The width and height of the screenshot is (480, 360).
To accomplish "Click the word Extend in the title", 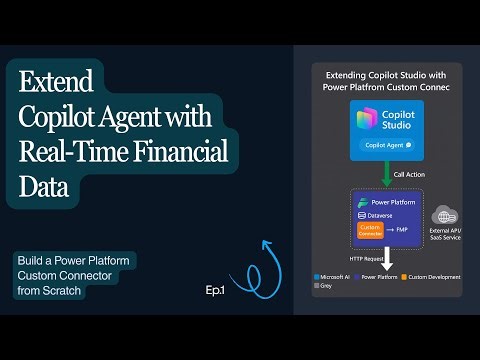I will (x=57, y=80).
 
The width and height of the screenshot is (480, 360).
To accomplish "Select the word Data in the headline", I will (x=40, y=186).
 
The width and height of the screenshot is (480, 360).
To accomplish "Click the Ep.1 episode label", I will (x=217, y=290).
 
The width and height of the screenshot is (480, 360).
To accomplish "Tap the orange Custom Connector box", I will (x=370, y=229).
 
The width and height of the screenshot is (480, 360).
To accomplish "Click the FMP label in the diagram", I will (x=402, y=229).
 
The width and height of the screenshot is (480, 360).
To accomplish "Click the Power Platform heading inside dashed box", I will (x=391, y=201).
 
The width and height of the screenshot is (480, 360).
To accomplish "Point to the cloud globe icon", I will (x=444, y=215).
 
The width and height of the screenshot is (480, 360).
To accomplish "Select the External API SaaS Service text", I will (x=445, y=236).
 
